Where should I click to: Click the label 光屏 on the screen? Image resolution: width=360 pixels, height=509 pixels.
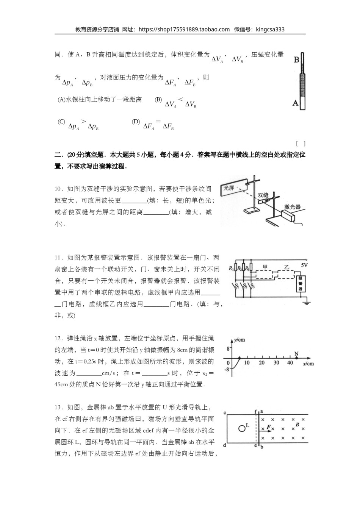point(229,187)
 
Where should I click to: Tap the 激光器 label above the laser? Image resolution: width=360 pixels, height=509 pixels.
point(292,207)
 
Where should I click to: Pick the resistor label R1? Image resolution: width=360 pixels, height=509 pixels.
point(231,269)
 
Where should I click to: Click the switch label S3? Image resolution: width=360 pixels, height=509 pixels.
point(252,286)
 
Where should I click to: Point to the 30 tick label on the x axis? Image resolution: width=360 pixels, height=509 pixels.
point(276,363)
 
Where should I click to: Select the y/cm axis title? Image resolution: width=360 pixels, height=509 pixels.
point(239,340)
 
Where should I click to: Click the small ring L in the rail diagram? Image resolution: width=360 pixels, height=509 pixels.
point(242,428)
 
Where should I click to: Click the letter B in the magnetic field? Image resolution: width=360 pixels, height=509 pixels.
point(297,425)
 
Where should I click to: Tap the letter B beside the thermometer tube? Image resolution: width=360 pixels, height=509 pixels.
point(296,60)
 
